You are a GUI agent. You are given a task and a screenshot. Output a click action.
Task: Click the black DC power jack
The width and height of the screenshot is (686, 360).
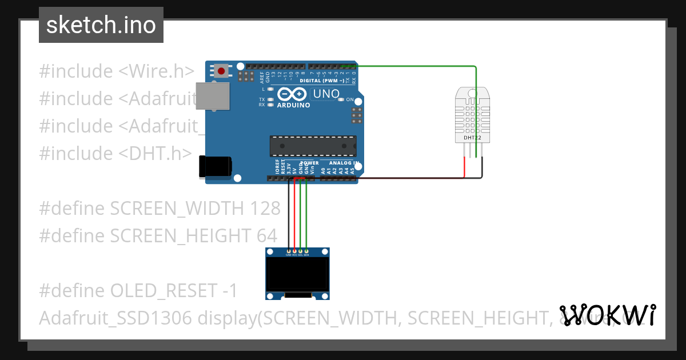pos(214,166)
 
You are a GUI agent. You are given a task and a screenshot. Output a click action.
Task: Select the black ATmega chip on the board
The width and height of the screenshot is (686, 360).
pos(313,146)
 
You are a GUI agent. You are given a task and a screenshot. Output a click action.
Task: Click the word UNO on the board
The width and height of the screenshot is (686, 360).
pos(326,94)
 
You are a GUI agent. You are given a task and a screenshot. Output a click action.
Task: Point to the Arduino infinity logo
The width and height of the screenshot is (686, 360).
pos(293,94)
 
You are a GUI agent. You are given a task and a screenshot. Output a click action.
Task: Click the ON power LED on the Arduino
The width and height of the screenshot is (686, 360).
pos(341,99)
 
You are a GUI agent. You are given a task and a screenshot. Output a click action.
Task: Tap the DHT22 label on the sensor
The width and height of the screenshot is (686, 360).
pos(472,138)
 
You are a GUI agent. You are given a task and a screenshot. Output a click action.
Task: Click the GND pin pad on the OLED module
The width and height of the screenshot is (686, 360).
pos(289,251)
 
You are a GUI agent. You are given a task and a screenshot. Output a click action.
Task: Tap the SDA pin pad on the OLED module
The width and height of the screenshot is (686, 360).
pos(306,251)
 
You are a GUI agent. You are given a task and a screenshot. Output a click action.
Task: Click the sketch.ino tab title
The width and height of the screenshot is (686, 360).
pos(101,25)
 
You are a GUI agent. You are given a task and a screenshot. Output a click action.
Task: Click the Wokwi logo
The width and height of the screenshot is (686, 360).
pos(608,315)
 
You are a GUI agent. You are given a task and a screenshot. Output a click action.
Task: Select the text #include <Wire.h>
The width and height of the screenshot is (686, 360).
pos(117,71)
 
